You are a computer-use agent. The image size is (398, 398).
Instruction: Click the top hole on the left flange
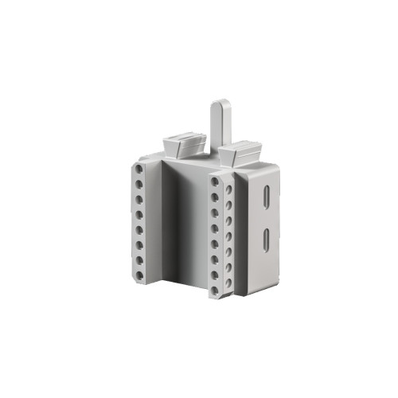[139, 170]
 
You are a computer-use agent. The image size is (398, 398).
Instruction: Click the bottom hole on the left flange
[139, 275]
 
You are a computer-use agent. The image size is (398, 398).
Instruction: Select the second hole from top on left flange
[139, 185]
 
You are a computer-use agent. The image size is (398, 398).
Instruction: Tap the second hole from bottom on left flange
[139, 260]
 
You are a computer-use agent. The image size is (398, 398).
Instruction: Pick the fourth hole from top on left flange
[139, 215]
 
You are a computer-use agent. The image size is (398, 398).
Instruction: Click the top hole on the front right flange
[216, 183]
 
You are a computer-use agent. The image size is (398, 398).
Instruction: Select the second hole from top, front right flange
[216, 198]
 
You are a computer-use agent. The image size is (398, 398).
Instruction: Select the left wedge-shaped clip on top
[185, 146]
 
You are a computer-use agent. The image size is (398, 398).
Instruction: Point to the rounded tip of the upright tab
[220, 103]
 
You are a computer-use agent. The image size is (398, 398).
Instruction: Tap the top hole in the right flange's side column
[228, 189]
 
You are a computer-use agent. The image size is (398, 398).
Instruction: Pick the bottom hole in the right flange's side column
[228, 282]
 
